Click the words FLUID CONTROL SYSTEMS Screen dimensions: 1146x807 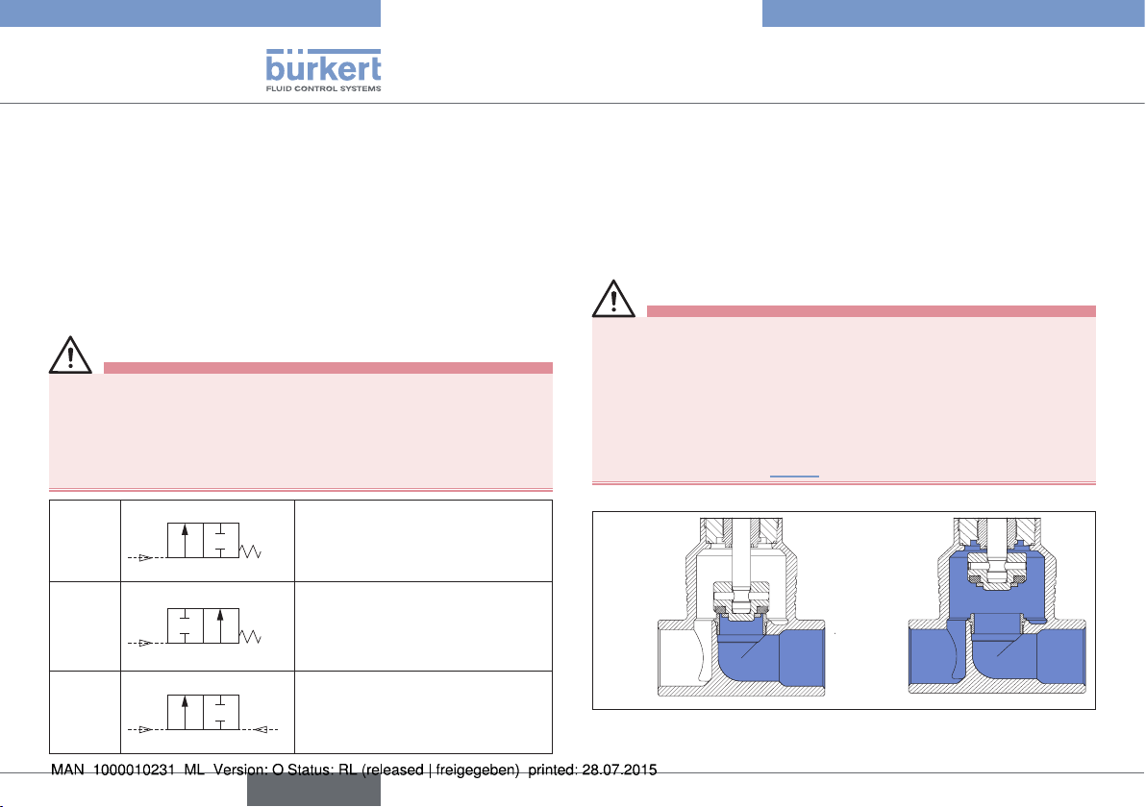tap(323, 88)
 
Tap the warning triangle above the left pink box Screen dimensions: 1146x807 tap(70, 355)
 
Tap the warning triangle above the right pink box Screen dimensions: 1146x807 tap(613, 299)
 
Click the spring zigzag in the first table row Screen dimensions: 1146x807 tap(250, 550)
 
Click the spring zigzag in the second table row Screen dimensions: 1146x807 tap(250, 636)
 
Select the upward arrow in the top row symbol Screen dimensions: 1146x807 tap(185, 541)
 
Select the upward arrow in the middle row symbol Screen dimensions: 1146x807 tap(220, 625)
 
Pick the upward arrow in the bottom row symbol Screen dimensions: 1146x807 tap(185, 712)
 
